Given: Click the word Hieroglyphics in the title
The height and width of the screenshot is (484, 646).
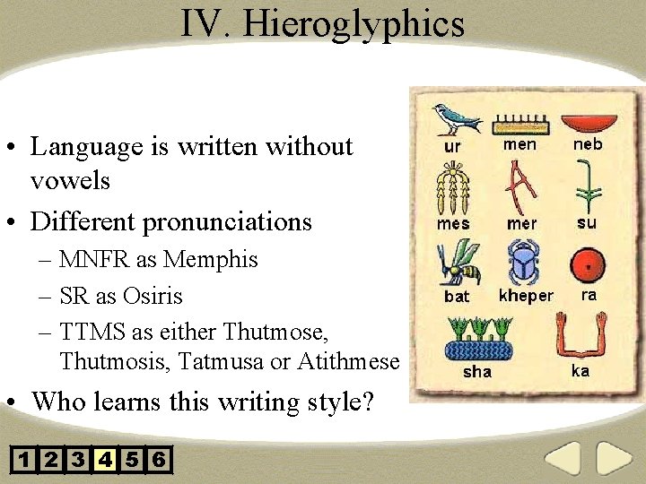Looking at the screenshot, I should (x=354, y=24).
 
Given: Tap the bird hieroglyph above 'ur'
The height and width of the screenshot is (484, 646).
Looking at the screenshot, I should (x=455, y=118).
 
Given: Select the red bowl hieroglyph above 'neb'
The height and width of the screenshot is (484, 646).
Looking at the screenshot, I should (x=587, y=122).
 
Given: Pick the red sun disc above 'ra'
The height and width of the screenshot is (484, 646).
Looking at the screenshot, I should (x=589, y=265).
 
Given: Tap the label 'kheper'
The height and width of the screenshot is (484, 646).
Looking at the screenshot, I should (x=526, y=295).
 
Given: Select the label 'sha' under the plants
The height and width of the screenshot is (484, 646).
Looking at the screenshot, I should (x=476, y=371).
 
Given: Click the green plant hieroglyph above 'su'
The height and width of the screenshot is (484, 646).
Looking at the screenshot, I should (x=588, y=186).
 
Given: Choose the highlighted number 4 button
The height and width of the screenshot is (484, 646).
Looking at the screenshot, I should (x=105, y=461).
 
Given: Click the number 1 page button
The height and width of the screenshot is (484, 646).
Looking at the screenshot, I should (x=24, y=461).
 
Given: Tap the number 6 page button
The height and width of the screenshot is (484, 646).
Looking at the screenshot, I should (x=159, y=461).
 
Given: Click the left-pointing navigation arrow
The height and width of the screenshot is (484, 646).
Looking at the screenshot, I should (x=563, y=459).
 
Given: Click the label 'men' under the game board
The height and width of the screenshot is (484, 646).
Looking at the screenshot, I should (x=519, y=144).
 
